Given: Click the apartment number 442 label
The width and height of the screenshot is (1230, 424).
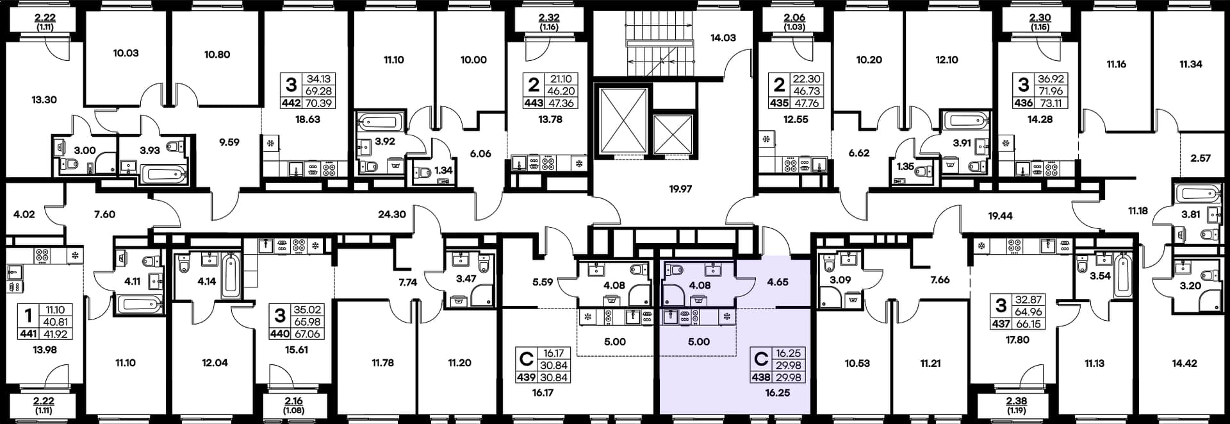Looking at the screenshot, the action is click(x=291, y=103).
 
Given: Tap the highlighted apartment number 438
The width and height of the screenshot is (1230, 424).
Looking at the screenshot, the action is click(x=761, y=378).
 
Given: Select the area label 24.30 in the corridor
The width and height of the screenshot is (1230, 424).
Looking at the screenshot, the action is click(x=391, y=214).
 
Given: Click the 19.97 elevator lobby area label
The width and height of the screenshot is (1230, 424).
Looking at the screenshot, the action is click(x=680, y=189).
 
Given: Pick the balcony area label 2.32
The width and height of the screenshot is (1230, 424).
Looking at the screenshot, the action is click(x=549, y=18).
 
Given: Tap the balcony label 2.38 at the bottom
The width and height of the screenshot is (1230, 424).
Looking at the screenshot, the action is click(x=1017, y=401).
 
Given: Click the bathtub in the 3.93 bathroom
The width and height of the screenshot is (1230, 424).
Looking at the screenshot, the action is click(x=164, y=173).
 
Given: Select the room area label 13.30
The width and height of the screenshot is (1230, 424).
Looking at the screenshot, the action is click(x=44, y=100).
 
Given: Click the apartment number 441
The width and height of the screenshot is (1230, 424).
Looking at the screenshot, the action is click(x=28, y=334).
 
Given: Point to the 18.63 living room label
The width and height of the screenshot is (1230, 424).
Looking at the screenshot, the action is click(x=307, y=119).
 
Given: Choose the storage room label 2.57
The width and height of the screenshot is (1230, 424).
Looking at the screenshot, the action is click(x=1201, y=158).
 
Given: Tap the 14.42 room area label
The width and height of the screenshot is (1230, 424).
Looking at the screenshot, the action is click(x=1185, y=363).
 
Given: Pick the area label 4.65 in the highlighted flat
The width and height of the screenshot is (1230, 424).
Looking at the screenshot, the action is click(x=778, y=282).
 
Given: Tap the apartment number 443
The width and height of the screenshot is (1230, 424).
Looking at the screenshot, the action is click(x=534, y=103).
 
